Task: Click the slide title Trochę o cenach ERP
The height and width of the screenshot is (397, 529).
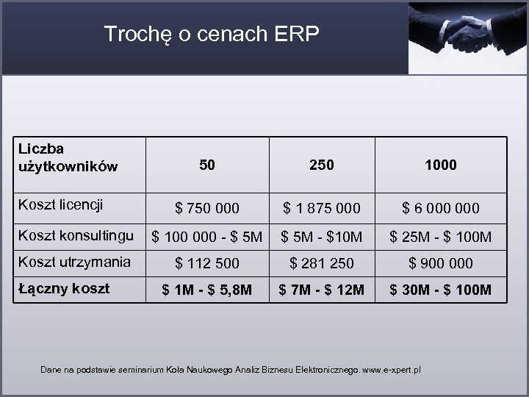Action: click(x=212, y=34)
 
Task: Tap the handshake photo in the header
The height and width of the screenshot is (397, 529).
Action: click(x=467, y=37)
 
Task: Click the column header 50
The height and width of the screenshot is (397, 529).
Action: click(x=207, y=165)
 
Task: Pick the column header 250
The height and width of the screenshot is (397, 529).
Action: click(x=322, y=165)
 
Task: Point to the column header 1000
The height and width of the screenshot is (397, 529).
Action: click(x=441, y=165)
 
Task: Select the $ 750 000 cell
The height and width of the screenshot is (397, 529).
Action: click(x=207, y=209)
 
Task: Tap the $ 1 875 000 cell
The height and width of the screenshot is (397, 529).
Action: click(x=322, y=209)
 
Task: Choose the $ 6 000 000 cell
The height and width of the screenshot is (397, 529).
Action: click(x=441, y=209)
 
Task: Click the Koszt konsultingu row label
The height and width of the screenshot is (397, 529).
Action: click(x=76, y=235)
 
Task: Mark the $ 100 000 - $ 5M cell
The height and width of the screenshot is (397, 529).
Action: click(x=207, y=237)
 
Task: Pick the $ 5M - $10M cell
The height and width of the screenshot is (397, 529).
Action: click(x=322, y=237)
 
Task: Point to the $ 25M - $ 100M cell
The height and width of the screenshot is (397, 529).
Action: click(x=441, y=237)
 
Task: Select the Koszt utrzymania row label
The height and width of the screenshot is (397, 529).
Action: click(x=74, y=261)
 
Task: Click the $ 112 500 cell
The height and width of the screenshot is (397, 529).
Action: click(x=207, y=263)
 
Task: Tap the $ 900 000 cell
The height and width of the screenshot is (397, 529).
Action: click(x=441, y=263)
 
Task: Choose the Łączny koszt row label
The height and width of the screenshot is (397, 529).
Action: click(x=63, y=288)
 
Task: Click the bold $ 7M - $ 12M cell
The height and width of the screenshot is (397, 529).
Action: click(x=322, y=290)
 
